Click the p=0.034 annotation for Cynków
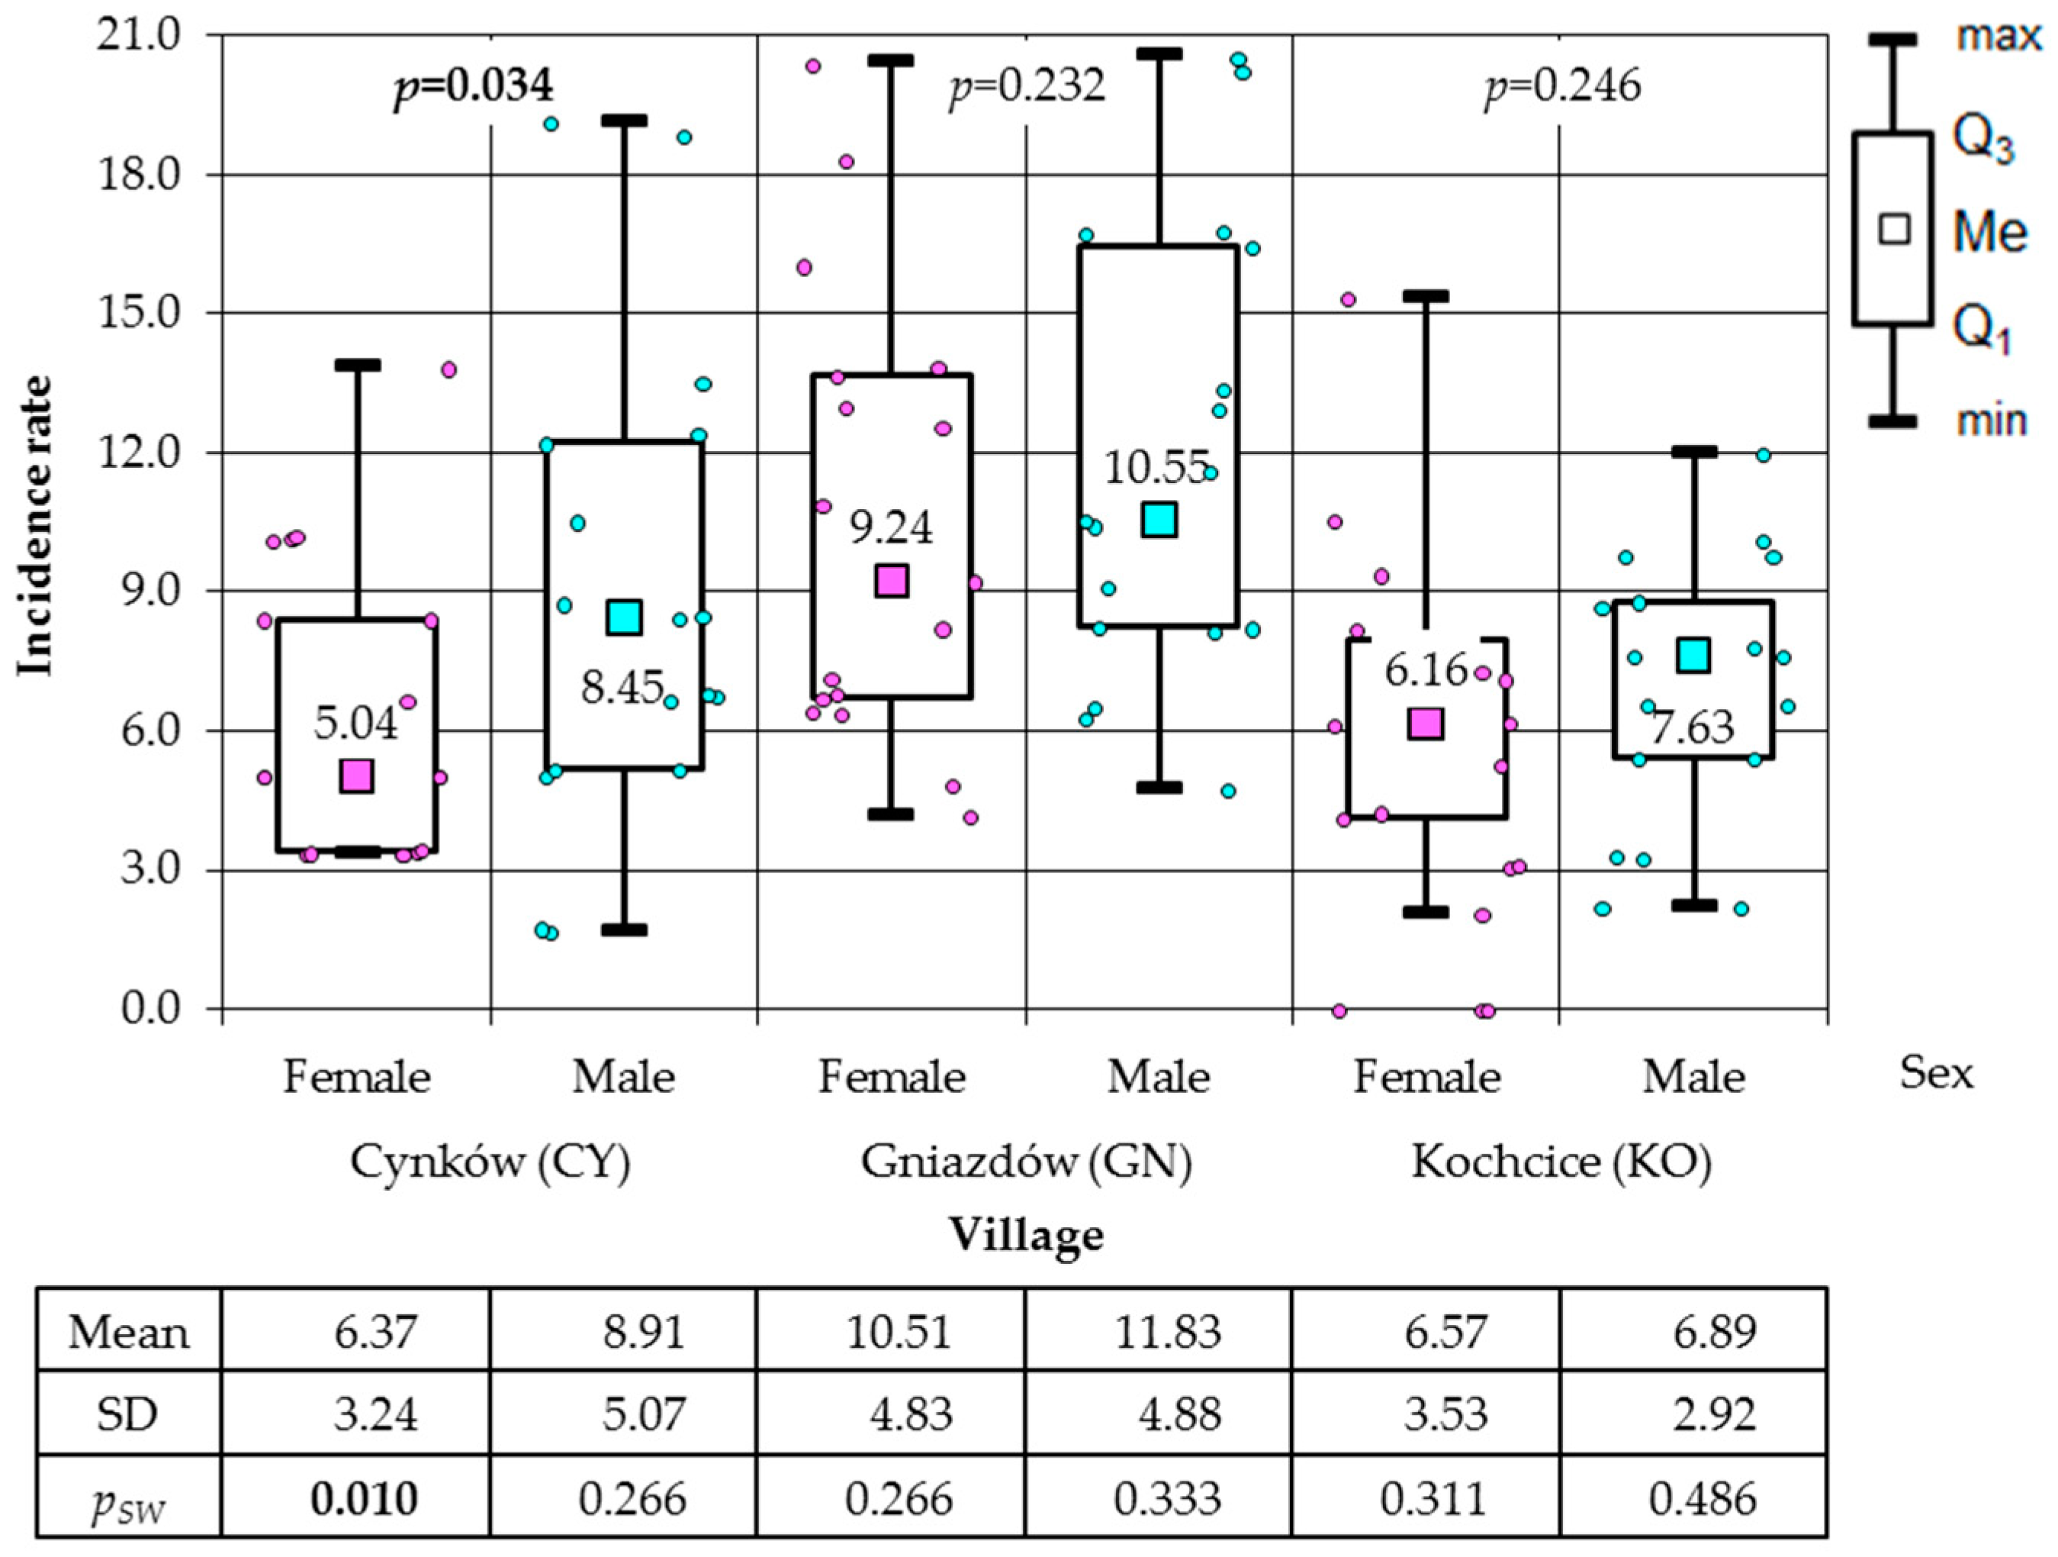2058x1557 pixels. [x=474, y=86]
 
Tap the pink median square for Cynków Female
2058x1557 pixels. [x=356, y=775]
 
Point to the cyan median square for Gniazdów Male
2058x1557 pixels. [x=1159, y=519]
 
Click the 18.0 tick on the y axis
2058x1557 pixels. [x=140, y=175]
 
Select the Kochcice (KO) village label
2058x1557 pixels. [x=1561, y=1162]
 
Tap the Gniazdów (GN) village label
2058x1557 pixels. [x=1025, y=1162]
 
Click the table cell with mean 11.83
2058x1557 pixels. [x=1168, y=1332]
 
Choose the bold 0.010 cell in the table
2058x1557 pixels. [x=364, y=1498]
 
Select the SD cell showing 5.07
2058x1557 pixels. [x=643, y=1414]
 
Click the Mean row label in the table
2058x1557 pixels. [x=128, y=1332]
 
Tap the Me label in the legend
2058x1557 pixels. [x=1989, y=230]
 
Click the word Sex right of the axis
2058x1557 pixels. [x=1936, y=1073]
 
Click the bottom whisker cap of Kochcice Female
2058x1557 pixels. [x=1426, y=912]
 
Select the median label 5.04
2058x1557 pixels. [x=355, y=723]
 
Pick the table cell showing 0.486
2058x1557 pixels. [x=1702, y=1498]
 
